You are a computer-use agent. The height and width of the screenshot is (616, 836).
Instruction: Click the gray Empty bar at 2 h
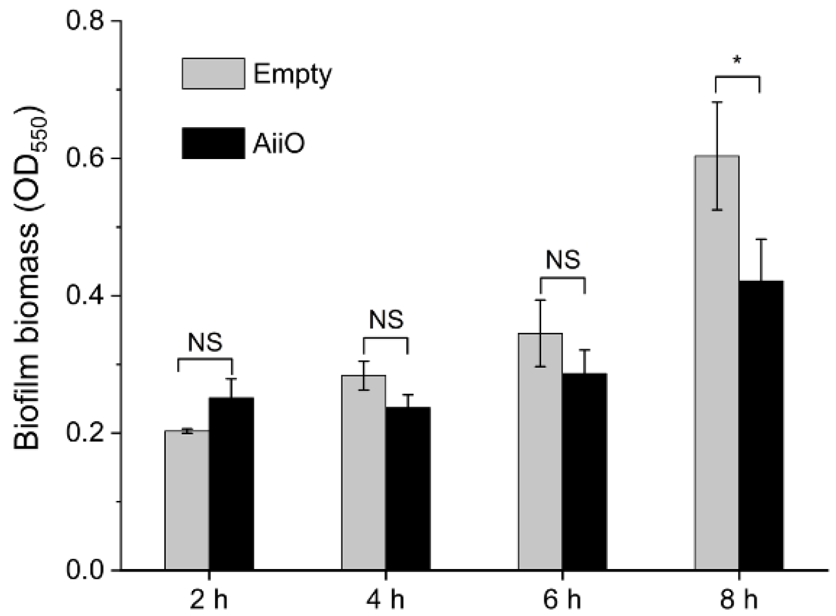click(187, 500)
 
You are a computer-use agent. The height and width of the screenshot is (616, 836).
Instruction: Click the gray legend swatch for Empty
click(214, 74)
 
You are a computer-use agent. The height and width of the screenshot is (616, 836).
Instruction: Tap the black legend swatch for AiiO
click(214, 143)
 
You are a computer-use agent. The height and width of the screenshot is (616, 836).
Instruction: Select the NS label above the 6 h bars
click(563, 260)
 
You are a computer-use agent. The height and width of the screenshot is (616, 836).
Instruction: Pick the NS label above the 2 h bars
click(205, 343)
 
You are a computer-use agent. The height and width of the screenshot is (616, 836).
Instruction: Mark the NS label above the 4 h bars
click(386, 320)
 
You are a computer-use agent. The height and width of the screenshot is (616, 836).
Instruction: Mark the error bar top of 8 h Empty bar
click(717, 102)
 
